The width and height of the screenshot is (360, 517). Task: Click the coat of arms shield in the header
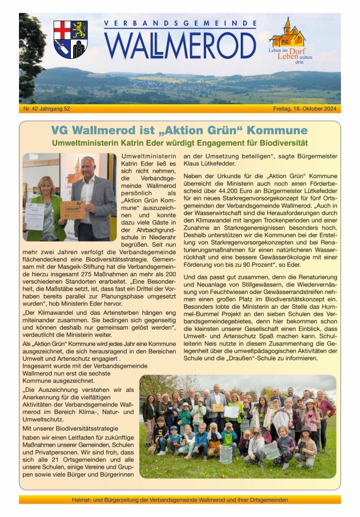coord(70,39)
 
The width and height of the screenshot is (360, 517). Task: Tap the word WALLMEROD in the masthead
coord(180,44)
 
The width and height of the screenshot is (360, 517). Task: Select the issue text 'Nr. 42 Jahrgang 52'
coord(47,108)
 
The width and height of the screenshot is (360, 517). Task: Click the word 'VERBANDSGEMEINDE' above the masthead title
coord(180,24)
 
